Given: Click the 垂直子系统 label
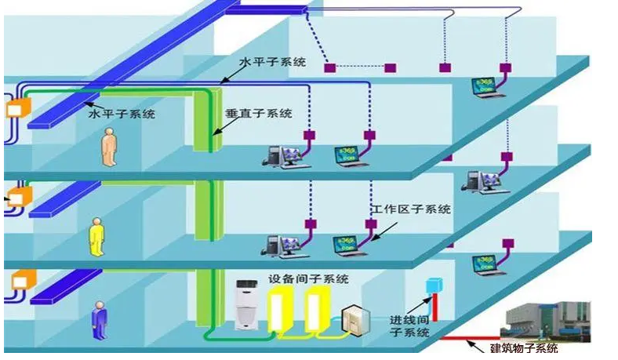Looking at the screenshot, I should click(x=258, y=113).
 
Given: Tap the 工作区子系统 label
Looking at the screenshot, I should click(x=413, y=209).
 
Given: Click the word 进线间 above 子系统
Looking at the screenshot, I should click(x=409, y=321).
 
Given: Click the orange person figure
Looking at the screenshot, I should click(x=108, y=149).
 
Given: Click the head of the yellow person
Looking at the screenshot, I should click(x=96, y=221).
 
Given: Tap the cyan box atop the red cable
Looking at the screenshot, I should click(x=431, y=285).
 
